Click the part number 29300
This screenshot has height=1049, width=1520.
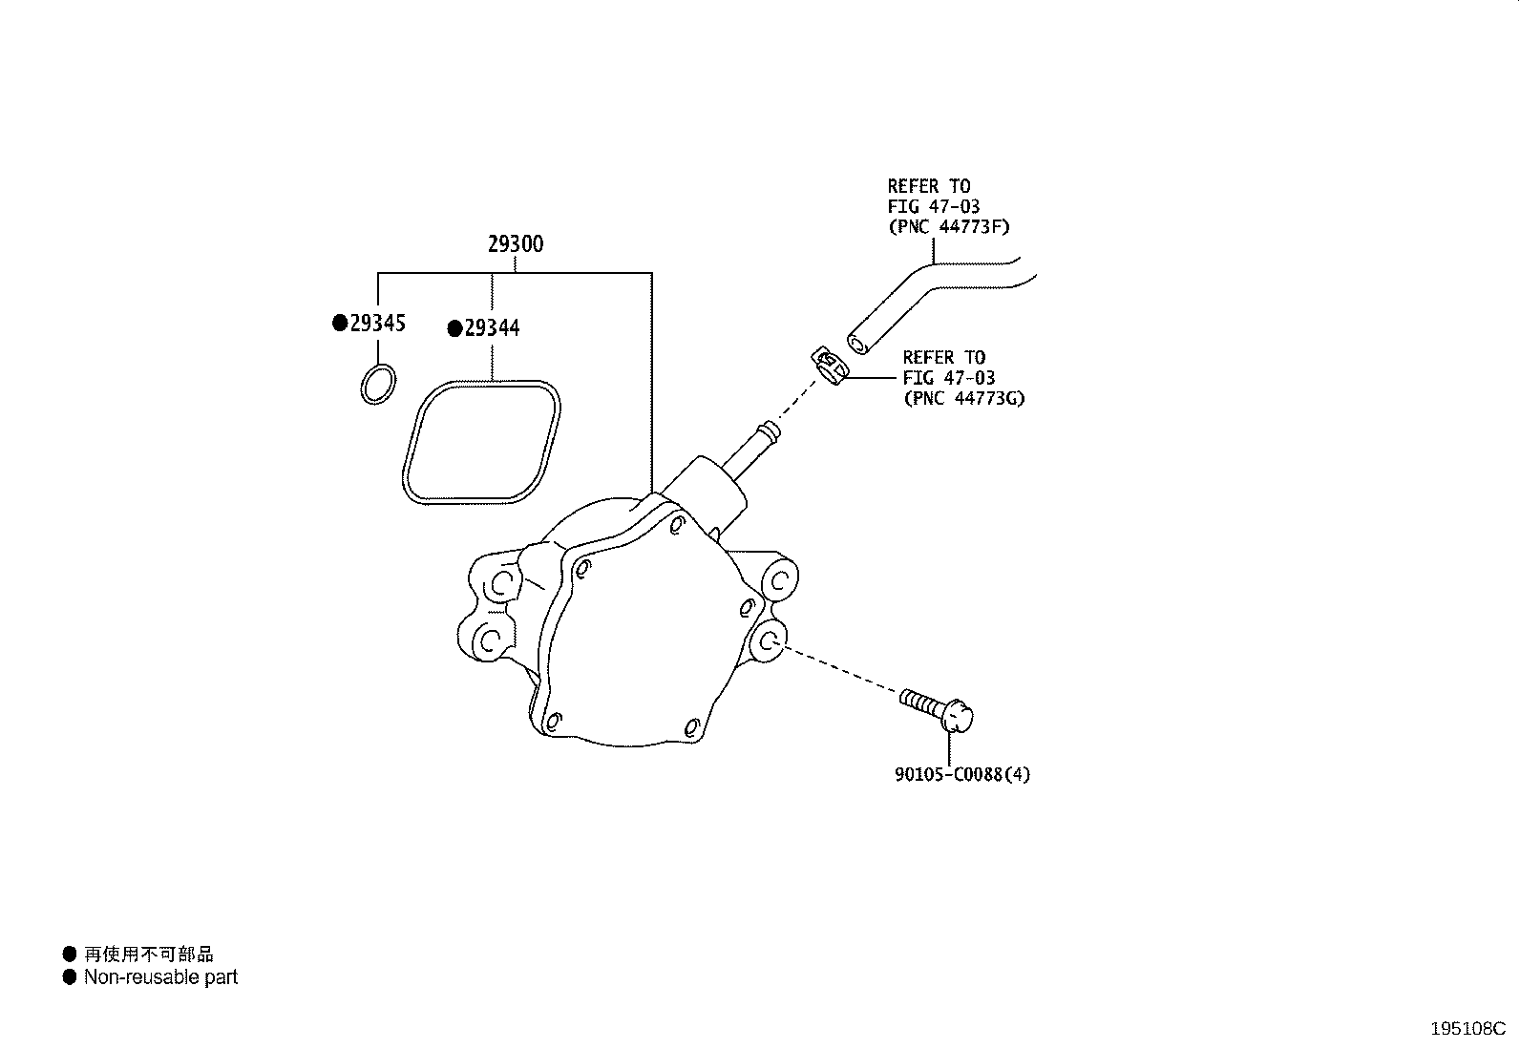coord(516,244)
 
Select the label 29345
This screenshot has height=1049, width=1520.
coord(378,323)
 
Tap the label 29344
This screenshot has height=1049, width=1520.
coord(492,328)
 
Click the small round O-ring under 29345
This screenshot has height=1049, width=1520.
coord(378,385)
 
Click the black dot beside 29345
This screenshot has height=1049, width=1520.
coord(340,323)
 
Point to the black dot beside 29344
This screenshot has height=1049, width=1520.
coord(454,329)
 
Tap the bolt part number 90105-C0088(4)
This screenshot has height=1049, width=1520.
coord(962,774)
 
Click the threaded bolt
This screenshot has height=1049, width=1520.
coord(937,710)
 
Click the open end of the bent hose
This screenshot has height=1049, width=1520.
coord(858,344)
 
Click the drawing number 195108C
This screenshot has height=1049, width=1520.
coord(1467,1029)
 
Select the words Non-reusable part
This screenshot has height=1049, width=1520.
coord(160,977)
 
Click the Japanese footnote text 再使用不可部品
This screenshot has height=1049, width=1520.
coord(149,954)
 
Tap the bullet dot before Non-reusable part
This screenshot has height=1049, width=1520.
coord(69,977)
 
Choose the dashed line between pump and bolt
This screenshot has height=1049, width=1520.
coord(841,669)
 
